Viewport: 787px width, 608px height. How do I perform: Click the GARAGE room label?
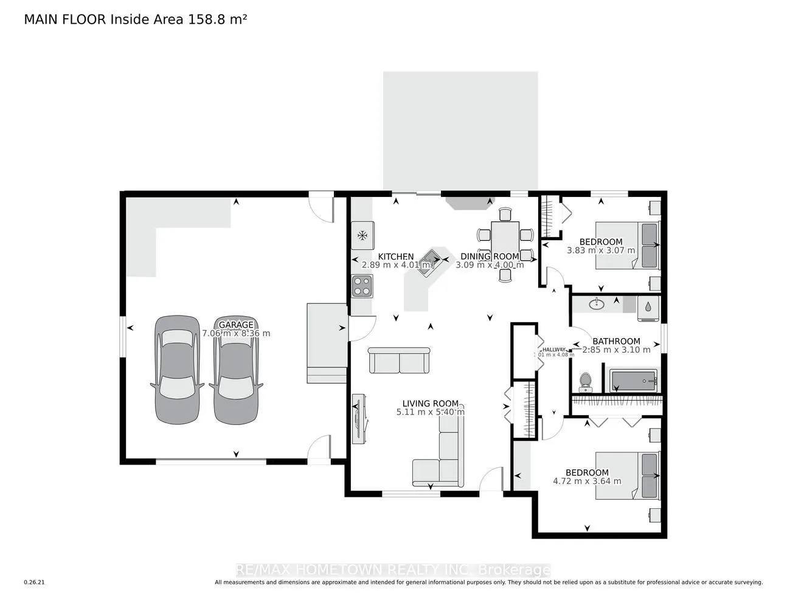click(x=236, y=325)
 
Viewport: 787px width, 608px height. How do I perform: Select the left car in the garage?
click(x=176, y=369)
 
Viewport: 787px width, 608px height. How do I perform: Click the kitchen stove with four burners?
click(x=362, y=286)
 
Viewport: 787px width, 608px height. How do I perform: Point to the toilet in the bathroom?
click(x=586, y=381)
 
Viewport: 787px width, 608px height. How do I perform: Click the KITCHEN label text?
click(x=396, y=257)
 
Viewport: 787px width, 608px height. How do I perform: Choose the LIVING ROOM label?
click(x=430, y=403)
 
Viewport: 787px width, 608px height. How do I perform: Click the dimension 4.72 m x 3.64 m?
click(x=587, y=481)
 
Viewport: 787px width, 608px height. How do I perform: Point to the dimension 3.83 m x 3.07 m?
click(x=600, y=250)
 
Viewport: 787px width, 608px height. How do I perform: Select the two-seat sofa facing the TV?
click(x=400, y=361)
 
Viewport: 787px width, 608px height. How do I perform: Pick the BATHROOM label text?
click(x=616, y=341)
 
